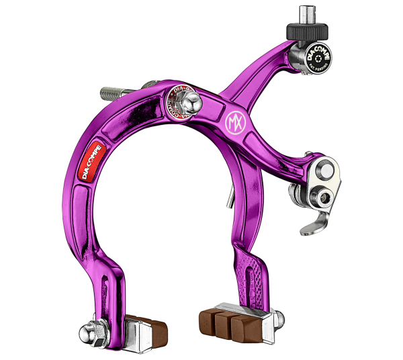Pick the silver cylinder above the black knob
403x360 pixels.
pos(308,13)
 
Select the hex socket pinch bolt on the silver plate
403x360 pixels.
pos(326,197)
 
